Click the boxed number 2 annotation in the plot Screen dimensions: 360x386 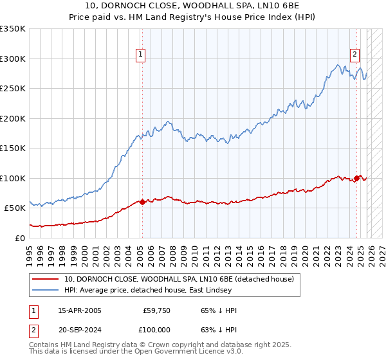click(x=354, y=55)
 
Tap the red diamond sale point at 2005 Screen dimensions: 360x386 click(x=142, y=202)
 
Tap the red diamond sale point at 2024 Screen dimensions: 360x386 click(x=357, y=178)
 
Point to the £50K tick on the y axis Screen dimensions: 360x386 click(x=15, y=208)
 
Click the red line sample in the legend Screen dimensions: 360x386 click(x=46, y=279)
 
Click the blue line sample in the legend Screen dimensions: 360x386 click(x=46, y=290)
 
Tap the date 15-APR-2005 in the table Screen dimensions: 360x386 click(x=80, y=310)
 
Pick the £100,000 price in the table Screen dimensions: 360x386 click(x=157, y=330)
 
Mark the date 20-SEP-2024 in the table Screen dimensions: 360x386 click(x=80, y=330)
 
